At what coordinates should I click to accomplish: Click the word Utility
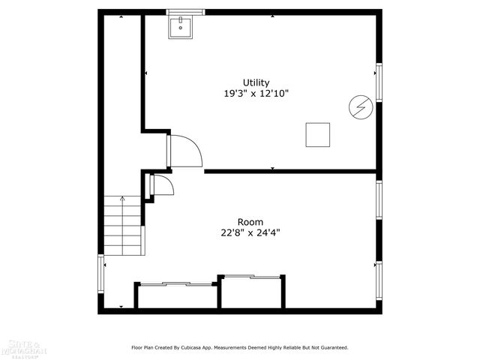[x=256, y=82]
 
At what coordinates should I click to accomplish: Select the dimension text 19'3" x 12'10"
[x=256, y=94]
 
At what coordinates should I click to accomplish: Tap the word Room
[x=250, y=222]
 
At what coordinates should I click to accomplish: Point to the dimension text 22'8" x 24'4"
[x=250, y=232]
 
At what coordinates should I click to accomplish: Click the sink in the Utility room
[x=180, y=28]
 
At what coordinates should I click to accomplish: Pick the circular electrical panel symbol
[x=359, y=108]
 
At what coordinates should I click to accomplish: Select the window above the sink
[x=185, y=12]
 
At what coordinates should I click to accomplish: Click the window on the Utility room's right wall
[x=379, y=82]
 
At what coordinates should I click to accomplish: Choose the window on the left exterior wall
[x=100, y=273]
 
